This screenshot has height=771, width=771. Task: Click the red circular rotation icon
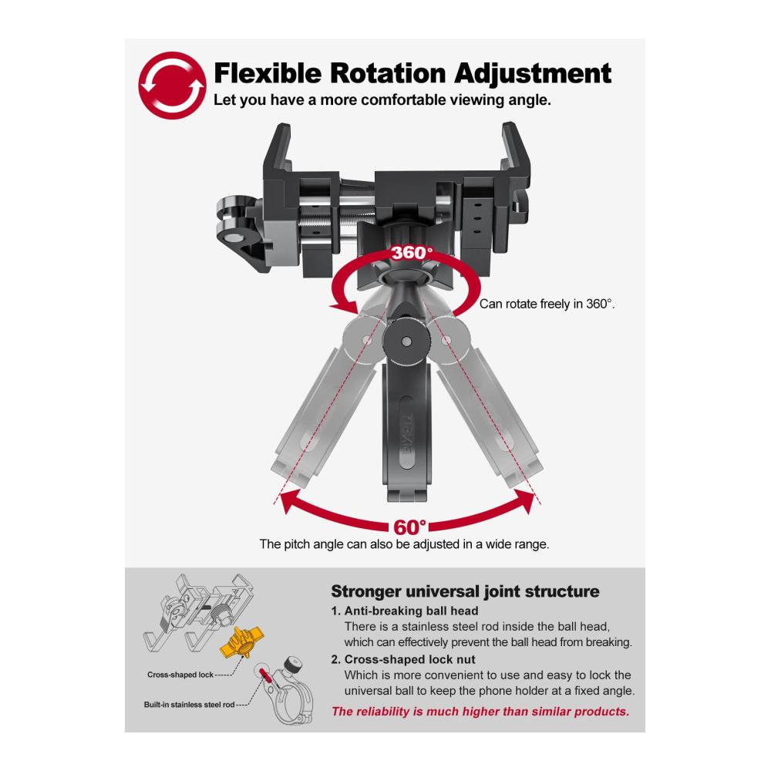click(x=172, y=86)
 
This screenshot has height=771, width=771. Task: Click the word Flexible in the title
click(x=268, y=74)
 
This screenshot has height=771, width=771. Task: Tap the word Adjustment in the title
click(x=533, y=74)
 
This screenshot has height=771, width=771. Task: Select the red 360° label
click(x=412, y=253)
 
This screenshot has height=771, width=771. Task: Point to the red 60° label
click(x=409, y=527)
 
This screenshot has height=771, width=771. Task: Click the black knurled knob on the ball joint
click(x=406, y=342)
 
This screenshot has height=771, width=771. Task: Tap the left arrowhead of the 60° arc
click(x=291, y=501)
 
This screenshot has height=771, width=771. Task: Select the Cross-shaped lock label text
click(x=180, y=675)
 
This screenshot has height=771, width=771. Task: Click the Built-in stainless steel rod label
click(x=190, y=705)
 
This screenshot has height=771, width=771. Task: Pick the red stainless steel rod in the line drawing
click(x=265, y=674)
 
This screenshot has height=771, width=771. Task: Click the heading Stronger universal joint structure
click(x=465, y=591)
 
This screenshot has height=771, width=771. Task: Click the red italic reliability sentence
click(x=480, y=712)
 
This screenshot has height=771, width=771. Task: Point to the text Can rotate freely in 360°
click(x=547, y=304)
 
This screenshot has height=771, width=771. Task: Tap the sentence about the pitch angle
click(x=404, y=544)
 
